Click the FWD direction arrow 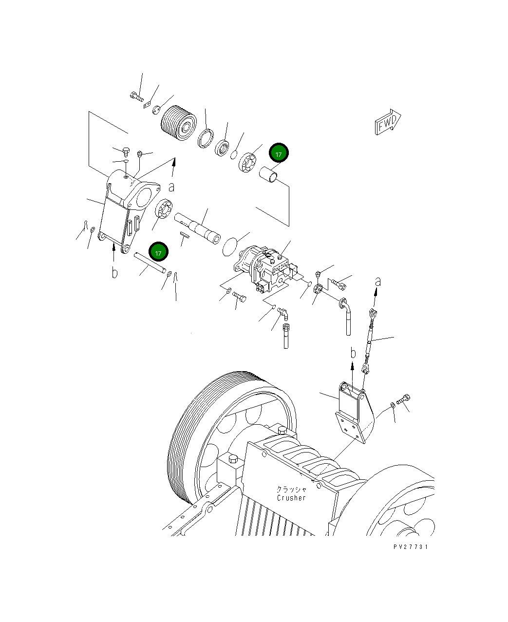coord(388,122)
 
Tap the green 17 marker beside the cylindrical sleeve coord(279,153)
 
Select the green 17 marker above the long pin coord(158,252)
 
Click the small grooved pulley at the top coord(178,124)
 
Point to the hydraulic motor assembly coord(263,270)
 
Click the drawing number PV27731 coord(411,547)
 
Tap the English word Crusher coord(291,498)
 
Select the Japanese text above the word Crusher coord(291,489)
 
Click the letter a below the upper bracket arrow coord(172,187)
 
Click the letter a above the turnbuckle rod coord(377,282)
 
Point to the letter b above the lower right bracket coord(354,353)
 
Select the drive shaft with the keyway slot coord(199,227)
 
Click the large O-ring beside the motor coord(231,246)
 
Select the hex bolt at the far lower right coord(404,400)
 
